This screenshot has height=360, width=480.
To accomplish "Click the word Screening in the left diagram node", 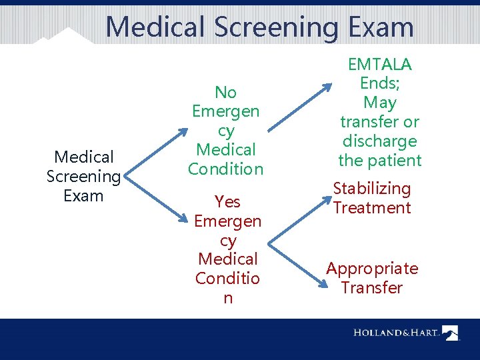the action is (84, 177).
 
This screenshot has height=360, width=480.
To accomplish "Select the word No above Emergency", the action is (226, 92).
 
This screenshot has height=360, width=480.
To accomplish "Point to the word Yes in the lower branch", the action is (227, 201).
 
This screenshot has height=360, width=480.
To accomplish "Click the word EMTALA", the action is (380, 65).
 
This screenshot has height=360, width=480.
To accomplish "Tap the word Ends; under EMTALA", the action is (380, 83).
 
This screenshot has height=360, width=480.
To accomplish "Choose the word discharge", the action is (380, 141).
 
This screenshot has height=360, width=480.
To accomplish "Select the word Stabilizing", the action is (372, 189).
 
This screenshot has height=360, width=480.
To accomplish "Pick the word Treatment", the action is (372, 208).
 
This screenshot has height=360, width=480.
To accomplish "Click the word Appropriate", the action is (372, 269).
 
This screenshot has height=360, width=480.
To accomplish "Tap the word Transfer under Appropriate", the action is (372, 288).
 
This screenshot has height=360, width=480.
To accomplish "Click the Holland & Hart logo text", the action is (396, 332).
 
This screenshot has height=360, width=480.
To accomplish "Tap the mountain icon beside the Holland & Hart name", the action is (451, 332).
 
